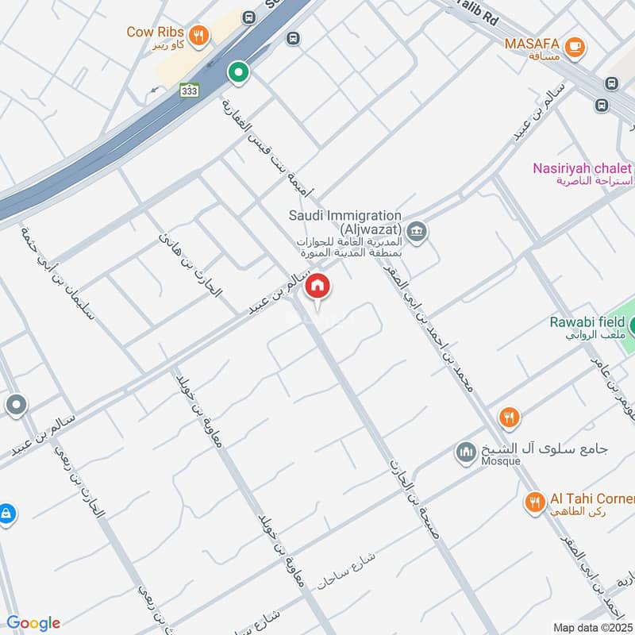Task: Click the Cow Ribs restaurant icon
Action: coord(199,35)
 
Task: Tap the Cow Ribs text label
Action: coord(156,33)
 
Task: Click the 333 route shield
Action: coord(189,90)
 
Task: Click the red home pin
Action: coord(317,287)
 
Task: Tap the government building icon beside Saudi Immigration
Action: coord(419,232)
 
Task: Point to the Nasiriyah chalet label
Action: coord(583,168)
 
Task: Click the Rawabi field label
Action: coord(587,322)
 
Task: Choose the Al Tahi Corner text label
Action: coord(592,498)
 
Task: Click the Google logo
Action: coord(33,623)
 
